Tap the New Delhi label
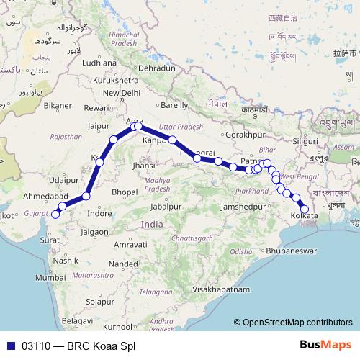pos(121,93)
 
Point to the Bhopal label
pos(123,192)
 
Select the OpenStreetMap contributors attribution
pos(297,323)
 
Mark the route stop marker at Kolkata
pos(304,210)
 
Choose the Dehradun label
pos(157,68)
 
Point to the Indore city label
pos(99,213)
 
